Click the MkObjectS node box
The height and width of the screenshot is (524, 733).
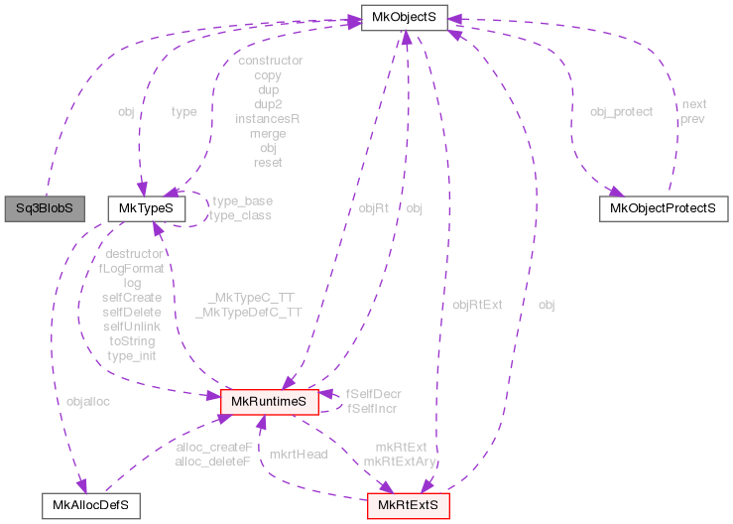[x=405, y=17]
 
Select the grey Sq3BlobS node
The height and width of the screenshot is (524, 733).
[x=44, y=209]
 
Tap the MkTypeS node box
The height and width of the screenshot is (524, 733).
[x=146, y=209]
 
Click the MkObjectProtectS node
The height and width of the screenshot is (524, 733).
[x=664, y=209]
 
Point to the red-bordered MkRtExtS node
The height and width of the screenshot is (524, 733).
[x=409, y=505]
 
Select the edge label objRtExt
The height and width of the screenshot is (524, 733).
[x=477, y=305]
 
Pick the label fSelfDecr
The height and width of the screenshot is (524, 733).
[x=374, y=394]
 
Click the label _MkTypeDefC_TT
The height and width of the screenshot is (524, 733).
[x=248, y=311]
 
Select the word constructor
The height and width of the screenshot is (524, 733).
[x=270, y=61]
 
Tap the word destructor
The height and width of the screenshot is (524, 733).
[x=133, y=254]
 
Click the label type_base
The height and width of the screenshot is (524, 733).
[x=241, y=200]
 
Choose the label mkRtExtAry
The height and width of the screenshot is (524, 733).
[x=400, y=460]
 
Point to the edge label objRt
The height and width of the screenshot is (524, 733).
[x=373, y=208]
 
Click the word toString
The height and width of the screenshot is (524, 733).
[x=132, y=339]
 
